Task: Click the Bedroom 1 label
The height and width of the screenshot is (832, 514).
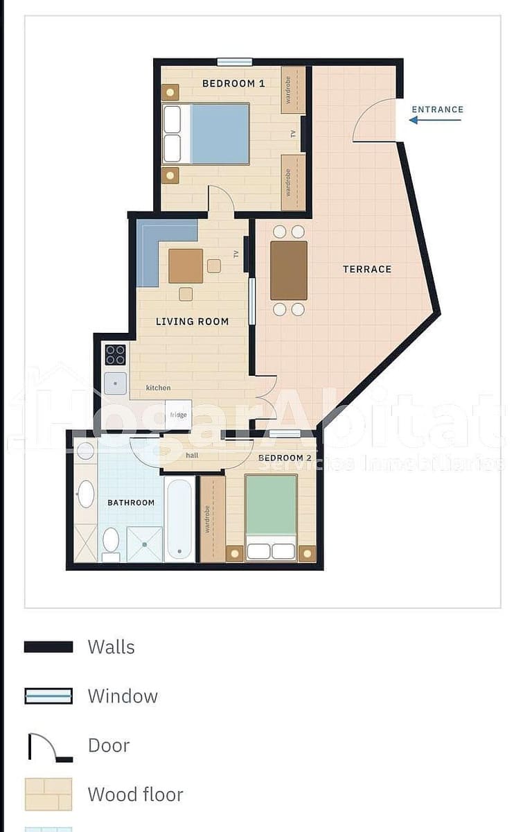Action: (x=233, y=84)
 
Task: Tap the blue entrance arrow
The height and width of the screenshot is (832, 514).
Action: (x=434, y=120)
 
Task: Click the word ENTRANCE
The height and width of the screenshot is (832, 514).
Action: (x=438, y=110)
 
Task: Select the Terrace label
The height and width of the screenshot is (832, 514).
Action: (x=367, y=269)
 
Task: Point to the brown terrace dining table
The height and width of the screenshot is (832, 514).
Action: (x=289, y=270)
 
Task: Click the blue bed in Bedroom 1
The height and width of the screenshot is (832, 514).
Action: (x=206, y=134)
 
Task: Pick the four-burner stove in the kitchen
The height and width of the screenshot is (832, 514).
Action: (x=116, y=355)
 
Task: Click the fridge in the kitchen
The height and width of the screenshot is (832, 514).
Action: (x=179, y=415)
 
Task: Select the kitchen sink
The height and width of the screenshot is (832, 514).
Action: (x=116, y=383)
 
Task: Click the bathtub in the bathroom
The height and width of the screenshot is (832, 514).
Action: (x=179, y=519)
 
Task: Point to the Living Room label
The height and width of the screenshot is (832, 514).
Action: (x=193, y=322)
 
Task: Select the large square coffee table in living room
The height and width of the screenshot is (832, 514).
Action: (x=186, y=266)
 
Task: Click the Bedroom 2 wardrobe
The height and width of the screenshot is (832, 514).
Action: (x=213, y=519)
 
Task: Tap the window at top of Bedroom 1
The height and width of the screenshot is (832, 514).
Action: (x=235, y=62)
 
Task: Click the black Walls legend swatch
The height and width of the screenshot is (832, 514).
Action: (x=48, y=647)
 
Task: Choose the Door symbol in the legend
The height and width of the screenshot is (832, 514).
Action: (x=50, y=747)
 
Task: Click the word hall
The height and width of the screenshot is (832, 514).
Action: (x=192, y=456)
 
